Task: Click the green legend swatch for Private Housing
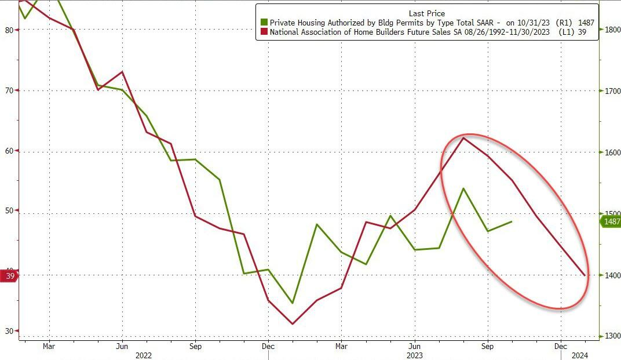tap(264, 23)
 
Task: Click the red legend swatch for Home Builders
tap(264, 33)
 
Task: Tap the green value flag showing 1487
tap(611, 221)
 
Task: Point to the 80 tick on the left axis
tap(9, 30)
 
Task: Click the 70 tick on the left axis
tap(9, 90)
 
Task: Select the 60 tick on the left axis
tap(9, 151)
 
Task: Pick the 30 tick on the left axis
tap(9, 332)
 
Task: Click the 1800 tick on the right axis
tap(612, 30)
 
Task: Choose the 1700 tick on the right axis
tap(612, 91)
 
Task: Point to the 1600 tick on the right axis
tap(612, 152)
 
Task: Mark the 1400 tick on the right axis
tap(612, 275)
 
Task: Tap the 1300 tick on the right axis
tap(612, 336)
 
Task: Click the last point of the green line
tap(512, 221)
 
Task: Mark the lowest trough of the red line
tap(293, 324)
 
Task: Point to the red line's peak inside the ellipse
tap(463, 137)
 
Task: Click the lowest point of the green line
tap(293, 303)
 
